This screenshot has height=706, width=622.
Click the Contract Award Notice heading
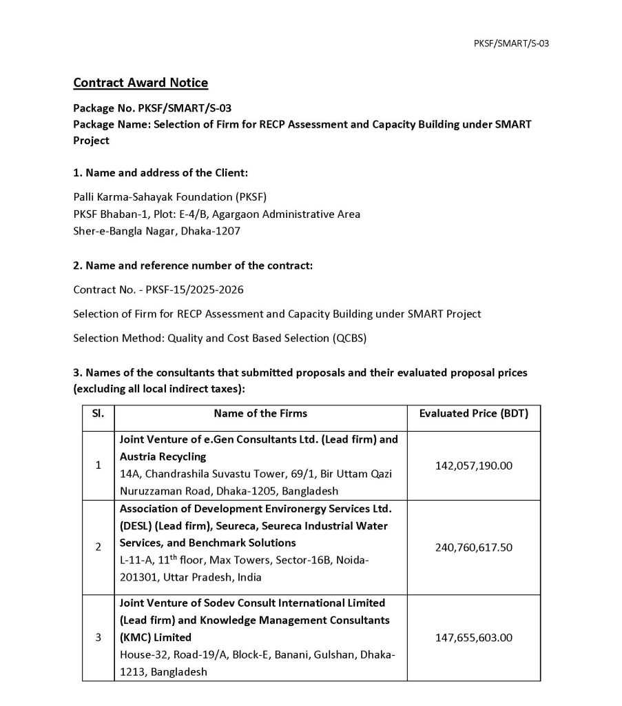coord(141,83)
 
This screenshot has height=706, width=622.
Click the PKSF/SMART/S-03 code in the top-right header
coord(511,43)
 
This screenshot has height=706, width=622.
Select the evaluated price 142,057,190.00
coord(474,465)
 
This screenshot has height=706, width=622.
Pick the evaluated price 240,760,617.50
coord(474,547)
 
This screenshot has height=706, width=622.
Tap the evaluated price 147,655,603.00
coord(474,638)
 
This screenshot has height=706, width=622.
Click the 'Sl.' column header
coord(98,414)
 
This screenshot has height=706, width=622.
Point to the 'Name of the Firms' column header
coord(260,414)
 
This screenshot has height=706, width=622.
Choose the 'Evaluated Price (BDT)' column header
coord(474,414)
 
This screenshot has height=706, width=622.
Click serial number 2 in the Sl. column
coord(98,547)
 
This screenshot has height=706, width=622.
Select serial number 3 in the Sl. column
coord(98,638)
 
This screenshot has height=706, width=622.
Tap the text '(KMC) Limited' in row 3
coord(156,636)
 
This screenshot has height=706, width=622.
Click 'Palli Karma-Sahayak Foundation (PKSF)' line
coord(165,196)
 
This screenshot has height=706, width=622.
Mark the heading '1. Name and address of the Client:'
coord(160,172)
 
